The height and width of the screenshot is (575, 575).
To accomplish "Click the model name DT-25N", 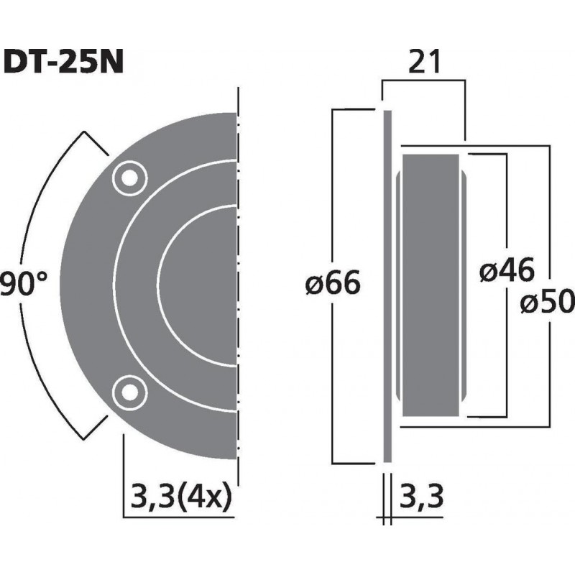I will tap(65, 62).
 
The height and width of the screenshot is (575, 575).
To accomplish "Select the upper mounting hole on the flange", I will tap(129, 177).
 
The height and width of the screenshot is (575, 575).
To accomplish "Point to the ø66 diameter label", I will tap(331, 284).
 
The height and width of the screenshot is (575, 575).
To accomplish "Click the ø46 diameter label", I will tap(507, 271).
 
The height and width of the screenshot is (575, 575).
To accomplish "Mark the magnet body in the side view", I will tap(431, 284).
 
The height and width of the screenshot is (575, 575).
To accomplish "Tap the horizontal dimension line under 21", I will tap(424, 82).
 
